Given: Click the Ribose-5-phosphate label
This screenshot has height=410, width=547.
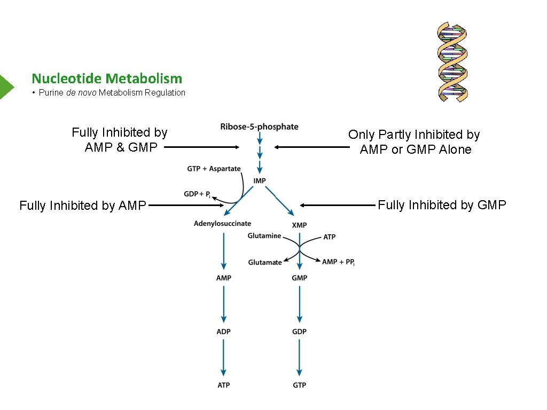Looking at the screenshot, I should click(259, 127).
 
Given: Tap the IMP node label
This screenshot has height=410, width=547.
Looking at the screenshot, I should click(260, 181).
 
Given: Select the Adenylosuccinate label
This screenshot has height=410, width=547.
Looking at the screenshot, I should click(222, 223).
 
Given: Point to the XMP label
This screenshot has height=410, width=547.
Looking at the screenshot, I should click(299, 225).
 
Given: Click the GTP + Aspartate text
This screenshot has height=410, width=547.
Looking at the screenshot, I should click(214, 169).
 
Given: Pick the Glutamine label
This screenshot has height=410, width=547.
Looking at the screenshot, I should click(264, 236).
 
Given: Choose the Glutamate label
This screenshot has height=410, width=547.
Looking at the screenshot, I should click(264, 262).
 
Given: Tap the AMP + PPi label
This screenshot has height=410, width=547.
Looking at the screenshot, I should click(338, 262).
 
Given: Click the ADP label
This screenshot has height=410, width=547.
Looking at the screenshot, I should click(224, 332).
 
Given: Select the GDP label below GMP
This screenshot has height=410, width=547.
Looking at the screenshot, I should click(299, 332).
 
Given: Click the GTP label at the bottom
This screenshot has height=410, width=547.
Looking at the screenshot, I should click(299, 385).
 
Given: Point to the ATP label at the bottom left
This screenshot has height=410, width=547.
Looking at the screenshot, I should click(224, 385).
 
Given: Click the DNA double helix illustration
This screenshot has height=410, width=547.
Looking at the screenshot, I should click(452, 61).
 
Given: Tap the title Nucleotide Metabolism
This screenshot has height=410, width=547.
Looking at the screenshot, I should click(107, 78).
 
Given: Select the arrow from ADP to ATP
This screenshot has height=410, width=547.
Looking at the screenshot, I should click(224, 358).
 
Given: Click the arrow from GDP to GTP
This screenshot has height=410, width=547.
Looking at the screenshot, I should click(299, 358).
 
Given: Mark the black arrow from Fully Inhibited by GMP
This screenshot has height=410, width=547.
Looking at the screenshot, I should click(338, 205).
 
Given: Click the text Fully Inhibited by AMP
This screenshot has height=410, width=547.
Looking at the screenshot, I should click(82, 206).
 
